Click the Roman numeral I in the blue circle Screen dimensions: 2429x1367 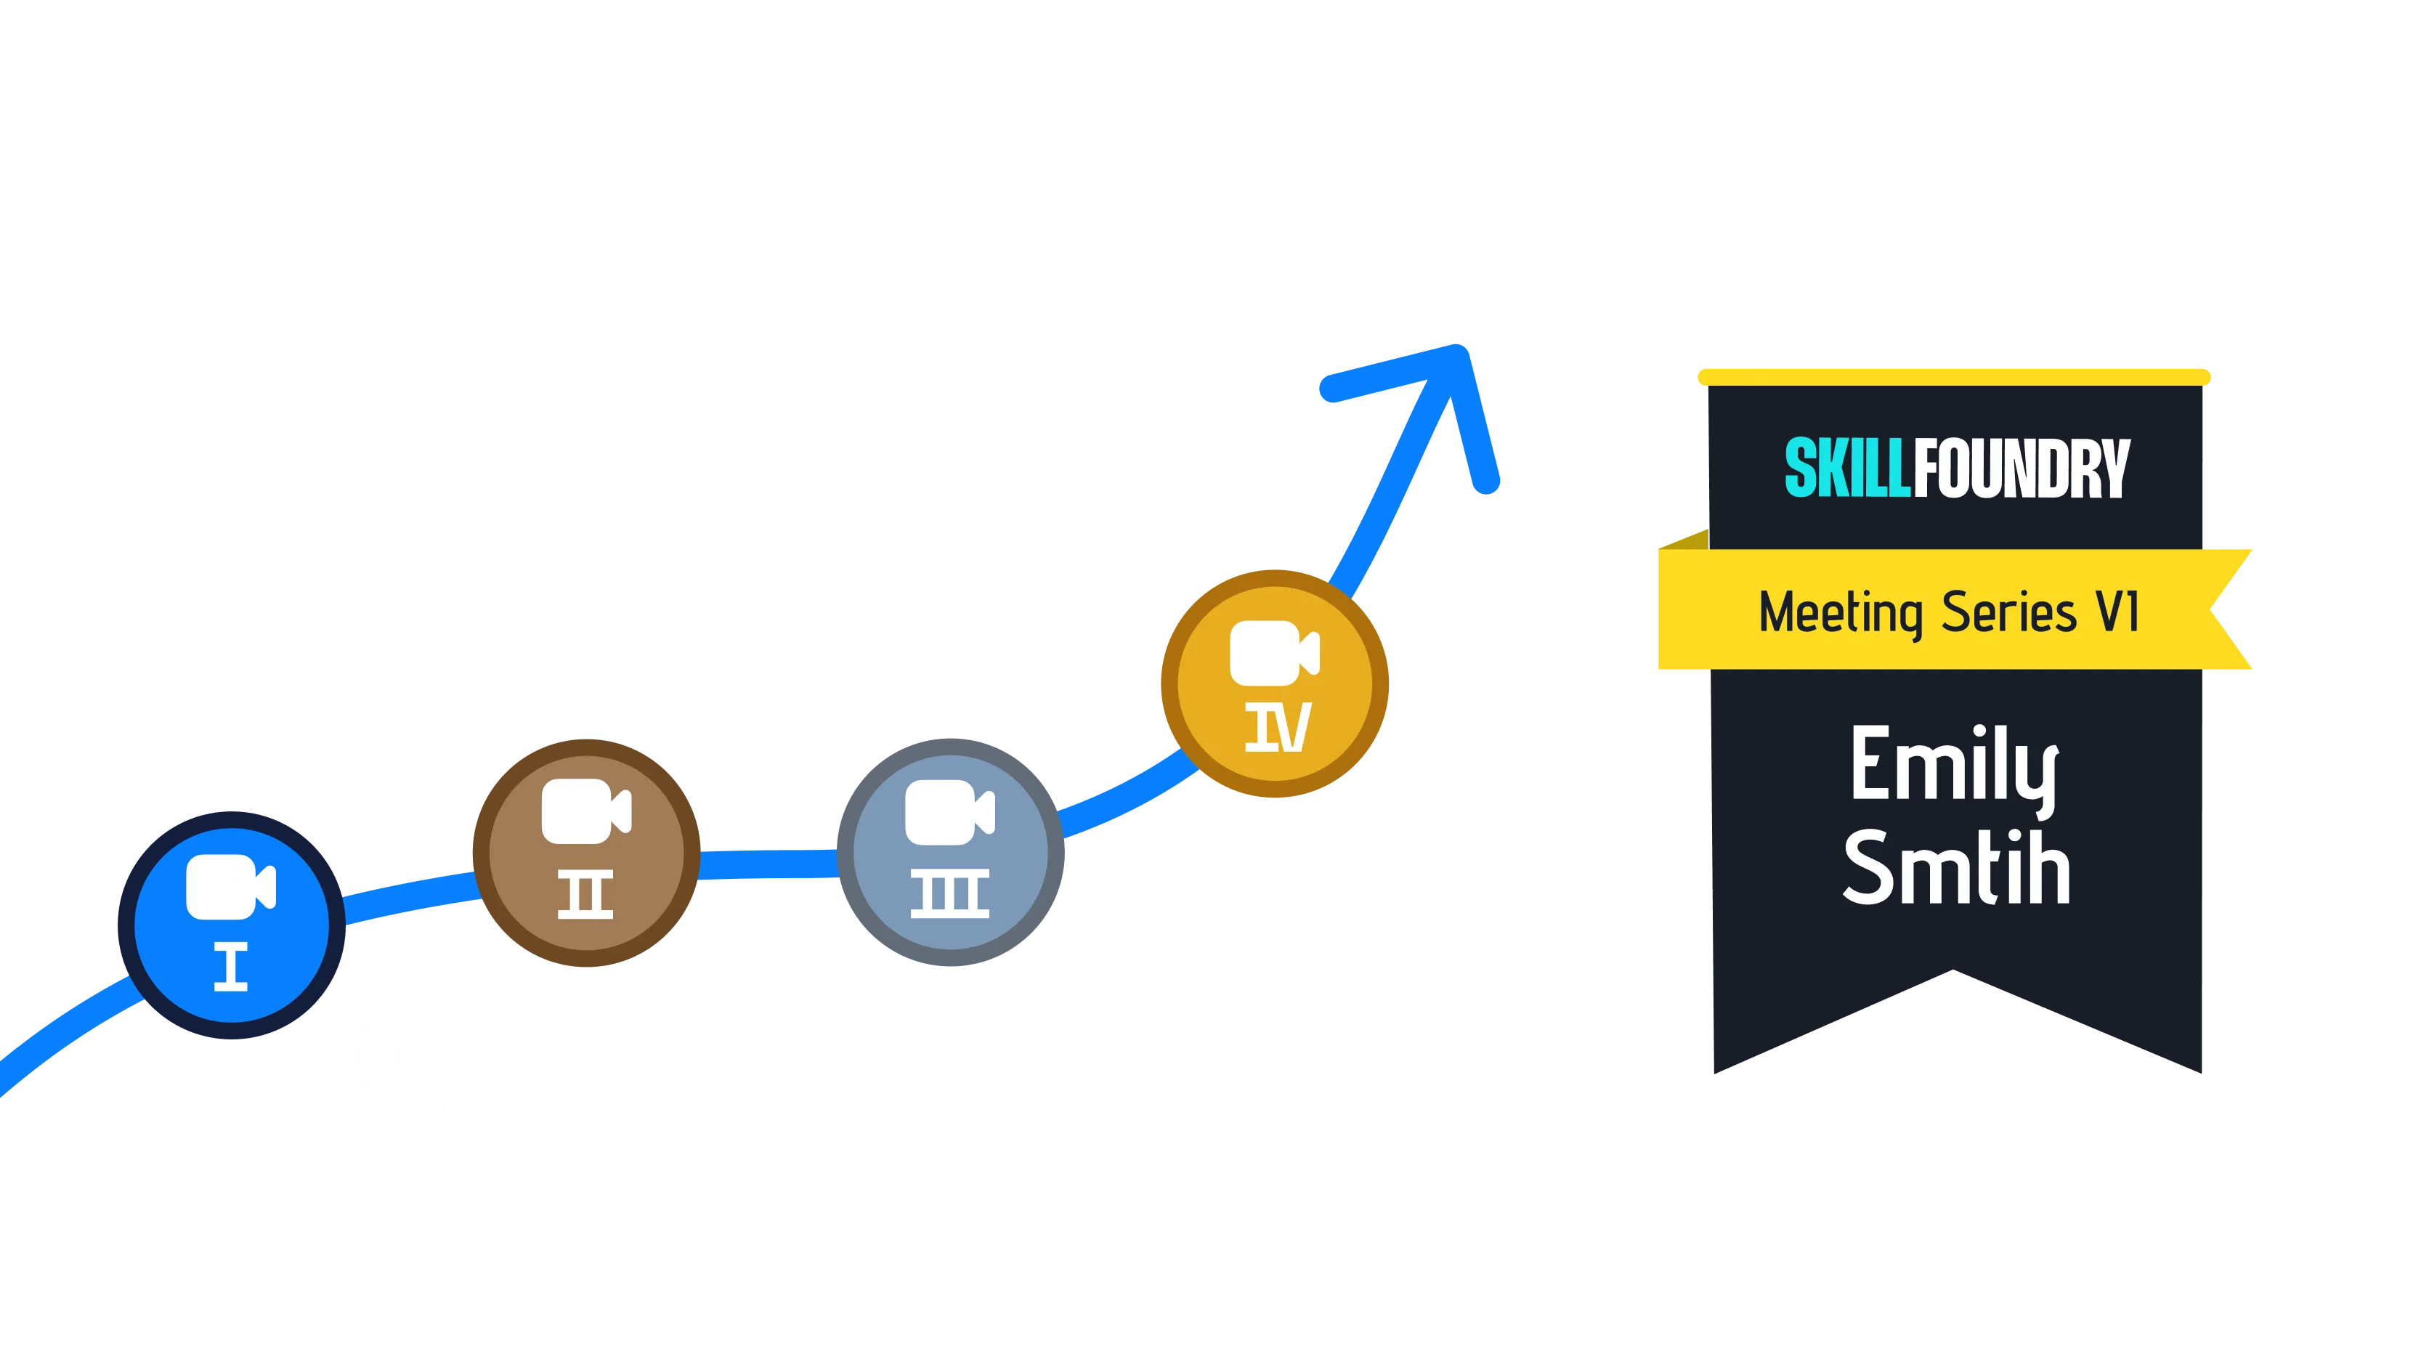pos(231,966)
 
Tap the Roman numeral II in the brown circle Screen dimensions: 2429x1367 pos(585,893)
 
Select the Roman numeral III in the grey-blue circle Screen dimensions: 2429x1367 pos(949,893)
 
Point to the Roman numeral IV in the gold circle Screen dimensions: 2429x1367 pos(1278,727)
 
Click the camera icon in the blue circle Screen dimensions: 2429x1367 pos(231,886)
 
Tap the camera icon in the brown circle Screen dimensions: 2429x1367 pos(586,811)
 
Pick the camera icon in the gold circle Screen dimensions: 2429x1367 pos(1275,653)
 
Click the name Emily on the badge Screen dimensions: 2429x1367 pos(1954,768)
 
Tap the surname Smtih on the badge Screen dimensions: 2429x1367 pos(1957,867)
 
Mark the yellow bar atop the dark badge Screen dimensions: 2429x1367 pos(1954,377)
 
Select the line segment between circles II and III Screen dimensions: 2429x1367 pos(769,864)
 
